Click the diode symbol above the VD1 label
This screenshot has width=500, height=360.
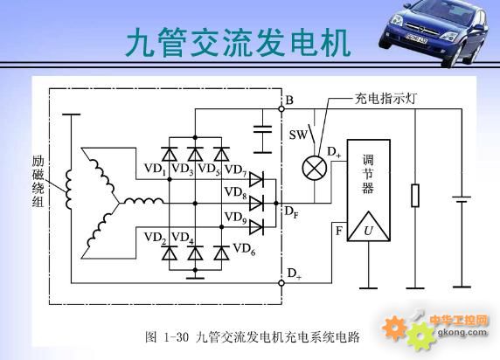[170, 155]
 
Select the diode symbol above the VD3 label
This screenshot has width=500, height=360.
[195, 155]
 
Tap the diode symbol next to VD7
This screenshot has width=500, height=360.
[256, 179]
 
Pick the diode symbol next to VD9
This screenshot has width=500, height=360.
[256, 227]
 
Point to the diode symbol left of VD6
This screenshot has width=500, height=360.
[221, 253]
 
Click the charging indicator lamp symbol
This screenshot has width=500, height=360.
[315, 168]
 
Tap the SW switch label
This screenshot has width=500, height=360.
[298, 135]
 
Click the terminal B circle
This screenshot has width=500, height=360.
[281, 109]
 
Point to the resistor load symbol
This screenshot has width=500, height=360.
[415, 195]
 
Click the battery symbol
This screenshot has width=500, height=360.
[462, 199]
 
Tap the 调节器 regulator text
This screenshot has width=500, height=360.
[368, 174]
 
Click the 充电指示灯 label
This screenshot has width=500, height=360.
[385, 99]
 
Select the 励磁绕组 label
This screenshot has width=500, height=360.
[38, 182]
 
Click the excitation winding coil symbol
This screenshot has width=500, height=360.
[68, 190]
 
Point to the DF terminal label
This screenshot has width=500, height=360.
[291, 212]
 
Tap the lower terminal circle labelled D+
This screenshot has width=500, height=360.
[281, 283]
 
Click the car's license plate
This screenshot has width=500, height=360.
[416, 39]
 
